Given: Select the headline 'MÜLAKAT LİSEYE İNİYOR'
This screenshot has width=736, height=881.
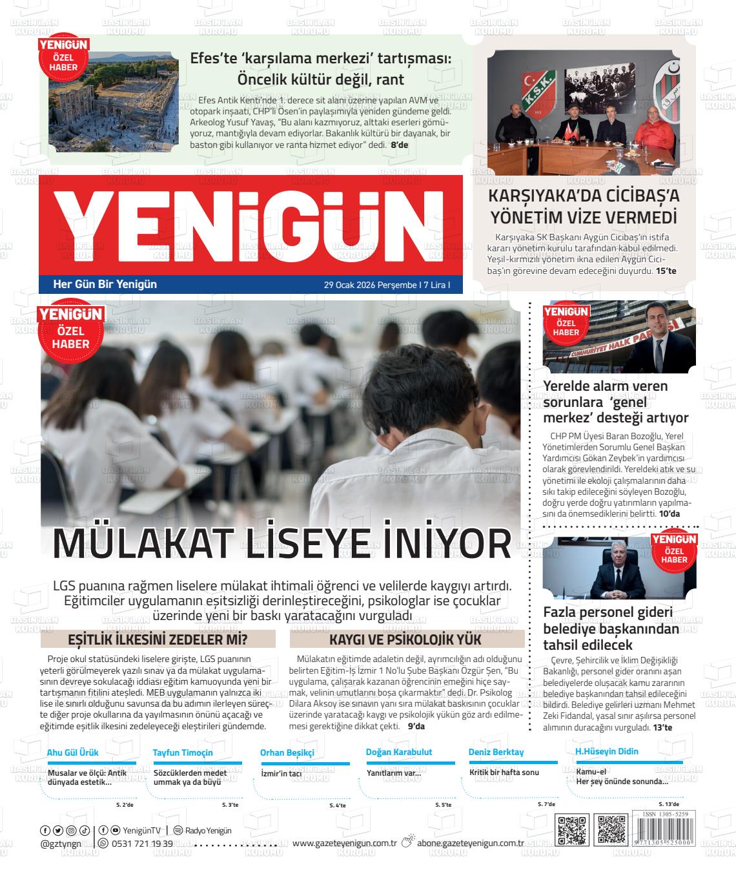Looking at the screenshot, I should tap(281, 543).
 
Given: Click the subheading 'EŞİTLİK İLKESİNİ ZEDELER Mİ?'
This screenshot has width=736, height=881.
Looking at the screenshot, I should tap(158, 639).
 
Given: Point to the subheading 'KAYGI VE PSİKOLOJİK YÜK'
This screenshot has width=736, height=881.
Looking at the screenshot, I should tap(406, 639).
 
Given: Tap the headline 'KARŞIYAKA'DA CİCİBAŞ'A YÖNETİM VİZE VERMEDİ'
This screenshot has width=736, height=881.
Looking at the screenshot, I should tap(584, 206).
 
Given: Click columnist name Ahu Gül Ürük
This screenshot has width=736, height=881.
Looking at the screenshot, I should tap(72, 752).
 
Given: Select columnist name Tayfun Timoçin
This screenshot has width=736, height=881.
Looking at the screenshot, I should tap(183, 752).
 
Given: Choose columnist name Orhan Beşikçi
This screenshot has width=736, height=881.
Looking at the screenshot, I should tap(287, 752).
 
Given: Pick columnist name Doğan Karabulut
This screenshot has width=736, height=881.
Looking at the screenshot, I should tap(399, 752).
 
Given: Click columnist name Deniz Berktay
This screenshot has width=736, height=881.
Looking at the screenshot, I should tap(496, 752).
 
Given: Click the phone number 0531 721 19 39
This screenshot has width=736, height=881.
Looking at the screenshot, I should tap(142, 844).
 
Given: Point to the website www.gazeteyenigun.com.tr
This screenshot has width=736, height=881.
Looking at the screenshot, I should tap(344, 843).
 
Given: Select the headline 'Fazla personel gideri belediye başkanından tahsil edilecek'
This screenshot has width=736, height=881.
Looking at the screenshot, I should tap(607, 628).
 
